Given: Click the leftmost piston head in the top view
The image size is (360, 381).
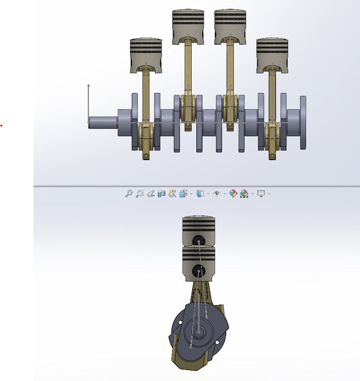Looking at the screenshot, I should (x=146, y=54).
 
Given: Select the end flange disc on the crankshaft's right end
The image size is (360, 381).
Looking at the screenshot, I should (x=303, y=122).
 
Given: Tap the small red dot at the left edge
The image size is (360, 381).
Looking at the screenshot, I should (x=1, y=126).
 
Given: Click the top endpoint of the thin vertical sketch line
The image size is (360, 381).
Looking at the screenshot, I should (x=88, y=85).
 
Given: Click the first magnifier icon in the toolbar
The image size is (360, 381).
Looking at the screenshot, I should (x=129, y=194).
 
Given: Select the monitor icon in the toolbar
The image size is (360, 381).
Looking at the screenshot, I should (x=260, y=194).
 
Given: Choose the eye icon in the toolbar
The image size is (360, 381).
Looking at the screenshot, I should (x=216, y=194).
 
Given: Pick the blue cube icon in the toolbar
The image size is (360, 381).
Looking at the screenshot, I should (x=200, y=194).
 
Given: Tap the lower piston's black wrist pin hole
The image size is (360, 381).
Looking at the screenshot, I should (x=199, y=270).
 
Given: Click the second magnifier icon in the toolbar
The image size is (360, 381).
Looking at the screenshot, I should (x=140, y=194).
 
